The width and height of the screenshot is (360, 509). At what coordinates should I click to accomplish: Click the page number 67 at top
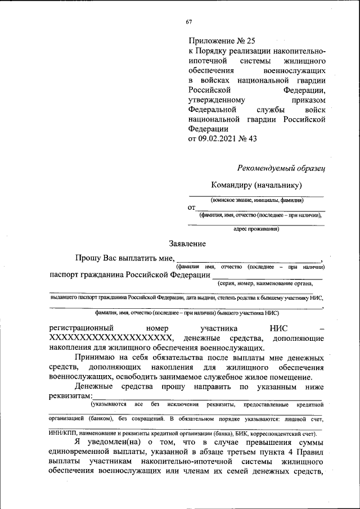(x=188, y=22)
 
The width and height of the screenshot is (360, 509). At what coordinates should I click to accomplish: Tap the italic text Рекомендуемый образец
(x=281, y=168)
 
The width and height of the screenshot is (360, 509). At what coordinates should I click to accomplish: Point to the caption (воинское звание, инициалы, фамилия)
(x=257, y=200)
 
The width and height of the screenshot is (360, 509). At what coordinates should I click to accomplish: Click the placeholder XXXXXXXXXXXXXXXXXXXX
(x=110, y=338)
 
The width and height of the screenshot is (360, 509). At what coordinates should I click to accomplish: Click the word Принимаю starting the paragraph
(x=95, y=358)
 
